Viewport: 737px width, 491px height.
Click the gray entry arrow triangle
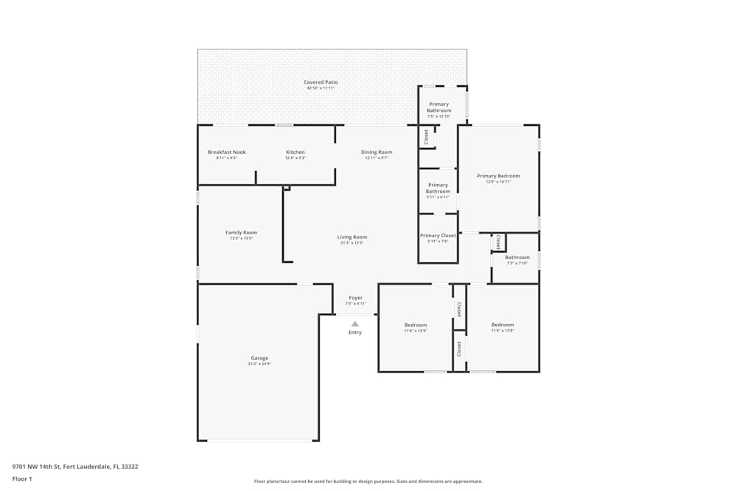(x=355, y=323)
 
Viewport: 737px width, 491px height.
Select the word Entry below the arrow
(x=355, y=333)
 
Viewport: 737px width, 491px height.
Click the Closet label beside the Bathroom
(x=499, y=241)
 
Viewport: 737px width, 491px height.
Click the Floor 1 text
(x=22, y=478)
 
